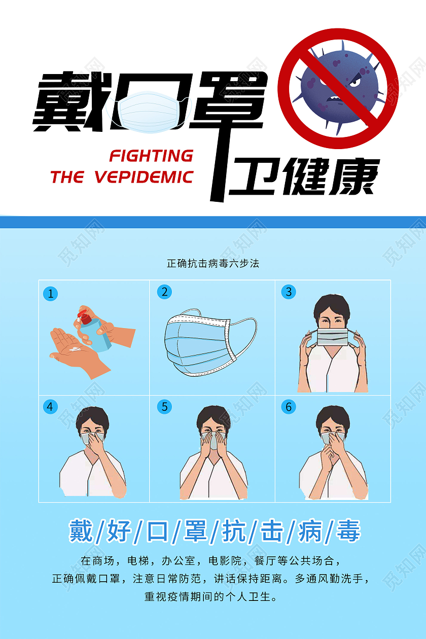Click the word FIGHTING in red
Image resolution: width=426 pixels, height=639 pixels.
point(151,155)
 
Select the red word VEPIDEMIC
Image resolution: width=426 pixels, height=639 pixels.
point(144,177)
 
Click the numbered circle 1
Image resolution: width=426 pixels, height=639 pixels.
point(50,293)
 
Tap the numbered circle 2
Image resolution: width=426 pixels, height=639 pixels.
point(164,292)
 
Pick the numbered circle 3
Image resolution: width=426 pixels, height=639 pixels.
point(289,292)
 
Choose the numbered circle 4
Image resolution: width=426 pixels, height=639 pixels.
point(50,407)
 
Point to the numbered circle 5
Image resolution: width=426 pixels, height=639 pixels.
point(164,407)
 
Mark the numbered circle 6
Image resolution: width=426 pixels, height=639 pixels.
point(289,407)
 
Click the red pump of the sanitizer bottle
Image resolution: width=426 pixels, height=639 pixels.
point(84,318)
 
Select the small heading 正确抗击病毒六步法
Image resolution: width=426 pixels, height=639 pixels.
point(213,264)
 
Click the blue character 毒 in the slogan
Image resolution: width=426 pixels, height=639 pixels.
point(348,531)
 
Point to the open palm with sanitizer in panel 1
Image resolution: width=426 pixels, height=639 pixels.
point(76,350)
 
